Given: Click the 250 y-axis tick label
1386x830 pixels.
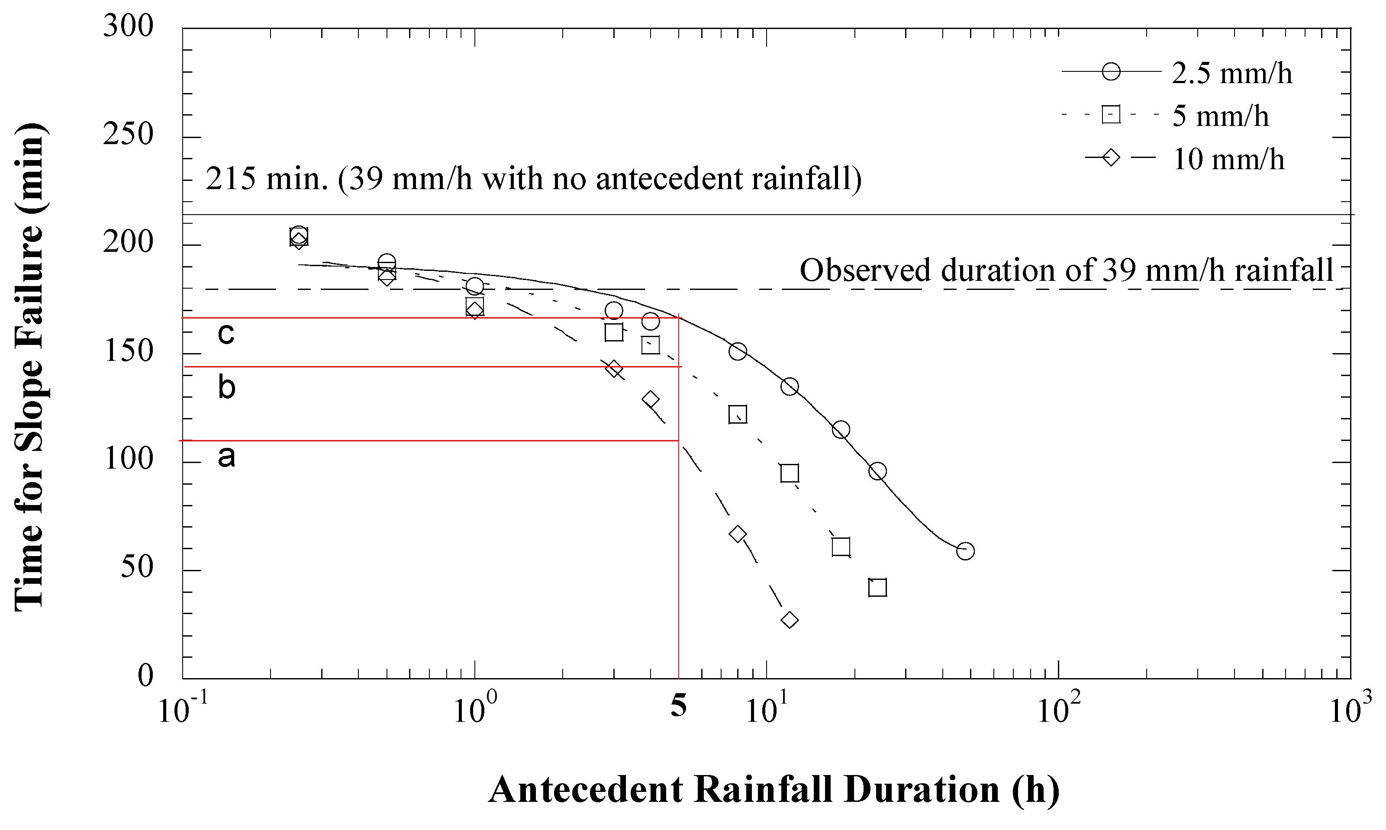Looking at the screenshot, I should (128, 134).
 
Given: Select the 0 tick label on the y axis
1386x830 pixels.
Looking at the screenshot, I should (145, 676).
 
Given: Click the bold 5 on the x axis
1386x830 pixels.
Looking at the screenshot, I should (678, 706).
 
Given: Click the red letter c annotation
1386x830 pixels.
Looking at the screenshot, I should (226, 334).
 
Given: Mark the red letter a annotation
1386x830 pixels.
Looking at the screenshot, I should (226, 457).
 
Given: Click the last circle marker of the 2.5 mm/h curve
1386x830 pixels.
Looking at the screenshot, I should (965, 551).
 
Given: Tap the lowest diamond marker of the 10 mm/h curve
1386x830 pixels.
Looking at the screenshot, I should (789, 620).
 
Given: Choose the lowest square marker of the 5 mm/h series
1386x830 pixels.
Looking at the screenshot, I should (877, 588).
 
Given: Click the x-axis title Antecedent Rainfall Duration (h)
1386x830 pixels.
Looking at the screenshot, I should (774, 789).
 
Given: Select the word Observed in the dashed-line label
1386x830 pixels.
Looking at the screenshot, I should (867, 271).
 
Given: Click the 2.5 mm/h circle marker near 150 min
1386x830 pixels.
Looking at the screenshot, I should (738, 351).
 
